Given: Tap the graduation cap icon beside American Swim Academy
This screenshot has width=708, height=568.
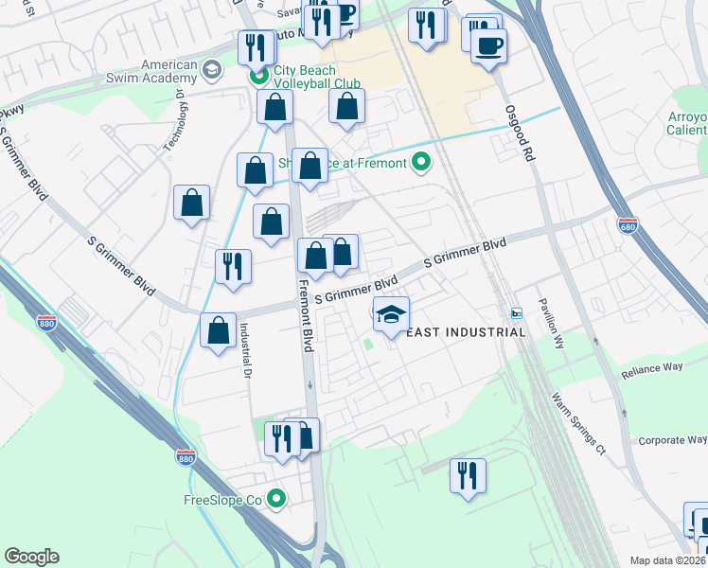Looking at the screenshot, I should (x=212, y=69).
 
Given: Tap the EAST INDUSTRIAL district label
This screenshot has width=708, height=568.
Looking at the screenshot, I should (x=466, y=332).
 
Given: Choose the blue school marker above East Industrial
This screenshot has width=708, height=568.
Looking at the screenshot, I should (x=391, y=314).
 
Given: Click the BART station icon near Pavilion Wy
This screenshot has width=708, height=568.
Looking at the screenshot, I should (x=516, y=313).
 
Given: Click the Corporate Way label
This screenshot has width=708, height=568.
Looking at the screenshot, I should (x=672, y=440).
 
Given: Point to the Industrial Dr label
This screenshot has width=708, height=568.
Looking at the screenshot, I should (x=243, y=349).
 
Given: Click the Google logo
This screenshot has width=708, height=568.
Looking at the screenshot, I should (x=31, y=557).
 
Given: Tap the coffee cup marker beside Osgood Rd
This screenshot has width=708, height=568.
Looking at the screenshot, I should (x=488, y=46).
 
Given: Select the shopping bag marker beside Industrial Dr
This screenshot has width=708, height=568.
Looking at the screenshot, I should (x=219, y=332).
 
